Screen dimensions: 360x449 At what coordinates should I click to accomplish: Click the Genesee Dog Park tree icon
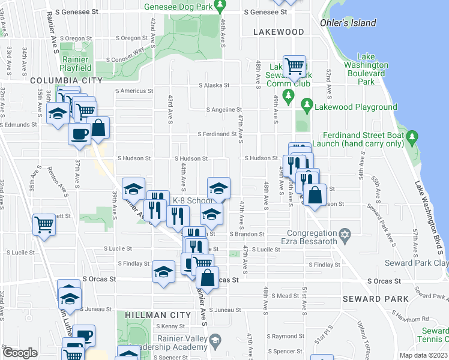(220, 7)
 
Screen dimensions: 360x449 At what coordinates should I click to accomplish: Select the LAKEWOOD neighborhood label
(279, 32)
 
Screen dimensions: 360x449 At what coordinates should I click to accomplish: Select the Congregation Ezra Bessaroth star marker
(345, 233)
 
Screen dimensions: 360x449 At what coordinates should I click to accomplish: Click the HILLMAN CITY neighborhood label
(155, 314)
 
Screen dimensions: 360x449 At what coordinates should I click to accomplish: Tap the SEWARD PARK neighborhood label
(370, 298)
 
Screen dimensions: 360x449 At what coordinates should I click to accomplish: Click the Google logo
(20, 353)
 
